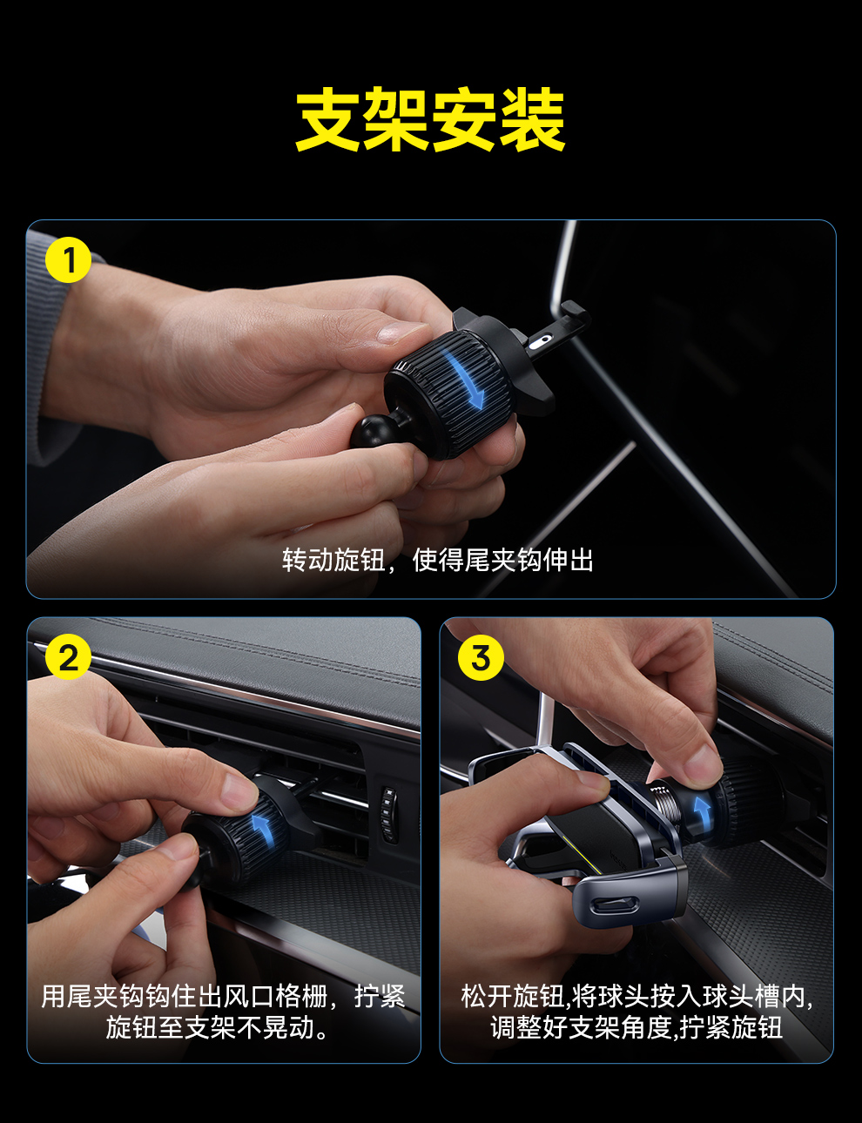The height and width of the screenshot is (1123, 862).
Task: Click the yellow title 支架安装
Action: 430,119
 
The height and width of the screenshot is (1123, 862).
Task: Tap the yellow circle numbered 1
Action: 68,259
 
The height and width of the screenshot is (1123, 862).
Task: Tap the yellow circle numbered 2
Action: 68,658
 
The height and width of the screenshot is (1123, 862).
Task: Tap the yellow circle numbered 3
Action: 481,658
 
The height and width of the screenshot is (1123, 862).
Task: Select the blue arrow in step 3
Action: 702,810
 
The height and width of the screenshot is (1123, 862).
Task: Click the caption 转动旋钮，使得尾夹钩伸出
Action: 438,560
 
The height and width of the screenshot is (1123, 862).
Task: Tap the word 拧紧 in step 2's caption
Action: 380,996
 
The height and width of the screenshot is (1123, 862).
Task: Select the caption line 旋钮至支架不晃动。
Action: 217,1027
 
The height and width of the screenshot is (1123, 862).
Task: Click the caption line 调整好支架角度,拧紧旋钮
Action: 636,1027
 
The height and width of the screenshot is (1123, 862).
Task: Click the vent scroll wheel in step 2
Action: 388,815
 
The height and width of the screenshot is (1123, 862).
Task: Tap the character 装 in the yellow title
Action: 532,119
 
